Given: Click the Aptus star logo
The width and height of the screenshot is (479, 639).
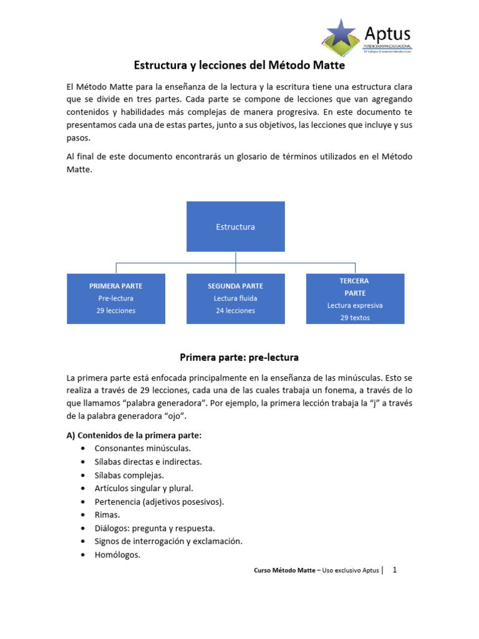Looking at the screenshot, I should [x=342, y=34].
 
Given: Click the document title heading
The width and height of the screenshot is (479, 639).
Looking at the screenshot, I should [x=239, y=65].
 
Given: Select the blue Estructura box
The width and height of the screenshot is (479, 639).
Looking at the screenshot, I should [x=235, y=227].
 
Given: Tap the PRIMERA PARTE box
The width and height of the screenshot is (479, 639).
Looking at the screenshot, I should [x=116, y=298].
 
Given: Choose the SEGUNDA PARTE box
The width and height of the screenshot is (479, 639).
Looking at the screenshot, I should [x=235, y=298].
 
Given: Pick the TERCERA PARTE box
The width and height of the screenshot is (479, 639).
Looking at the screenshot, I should [x=355, y=298].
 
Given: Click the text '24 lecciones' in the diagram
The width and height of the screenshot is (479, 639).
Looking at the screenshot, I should [x=235, y=311].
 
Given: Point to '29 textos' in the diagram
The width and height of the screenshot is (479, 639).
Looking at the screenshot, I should [x=355, y=318].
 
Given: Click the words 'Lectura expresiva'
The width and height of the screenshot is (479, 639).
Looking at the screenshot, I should [x=355, y=306].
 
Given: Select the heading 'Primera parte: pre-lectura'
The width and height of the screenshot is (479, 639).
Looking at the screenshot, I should [x=239, y=358].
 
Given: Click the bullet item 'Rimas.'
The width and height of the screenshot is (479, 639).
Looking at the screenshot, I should [x=107, y=515].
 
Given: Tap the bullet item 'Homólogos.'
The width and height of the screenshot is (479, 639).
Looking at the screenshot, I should [x=117, y=554].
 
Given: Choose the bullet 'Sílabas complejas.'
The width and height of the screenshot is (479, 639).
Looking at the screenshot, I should [x=129, y=475].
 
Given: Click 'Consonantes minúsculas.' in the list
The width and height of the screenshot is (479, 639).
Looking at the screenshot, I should [x=142, y=448].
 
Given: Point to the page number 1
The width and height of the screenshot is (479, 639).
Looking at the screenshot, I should [x=394, y=570].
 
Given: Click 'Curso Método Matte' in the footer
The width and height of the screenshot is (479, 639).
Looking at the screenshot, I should [x=286, y=571].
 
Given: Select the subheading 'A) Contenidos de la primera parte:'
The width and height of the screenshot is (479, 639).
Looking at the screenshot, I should [x=134, y=436].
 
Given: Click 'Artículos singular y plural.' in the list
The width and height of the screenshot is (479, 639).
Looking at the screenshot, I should [x=143, y=488].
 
